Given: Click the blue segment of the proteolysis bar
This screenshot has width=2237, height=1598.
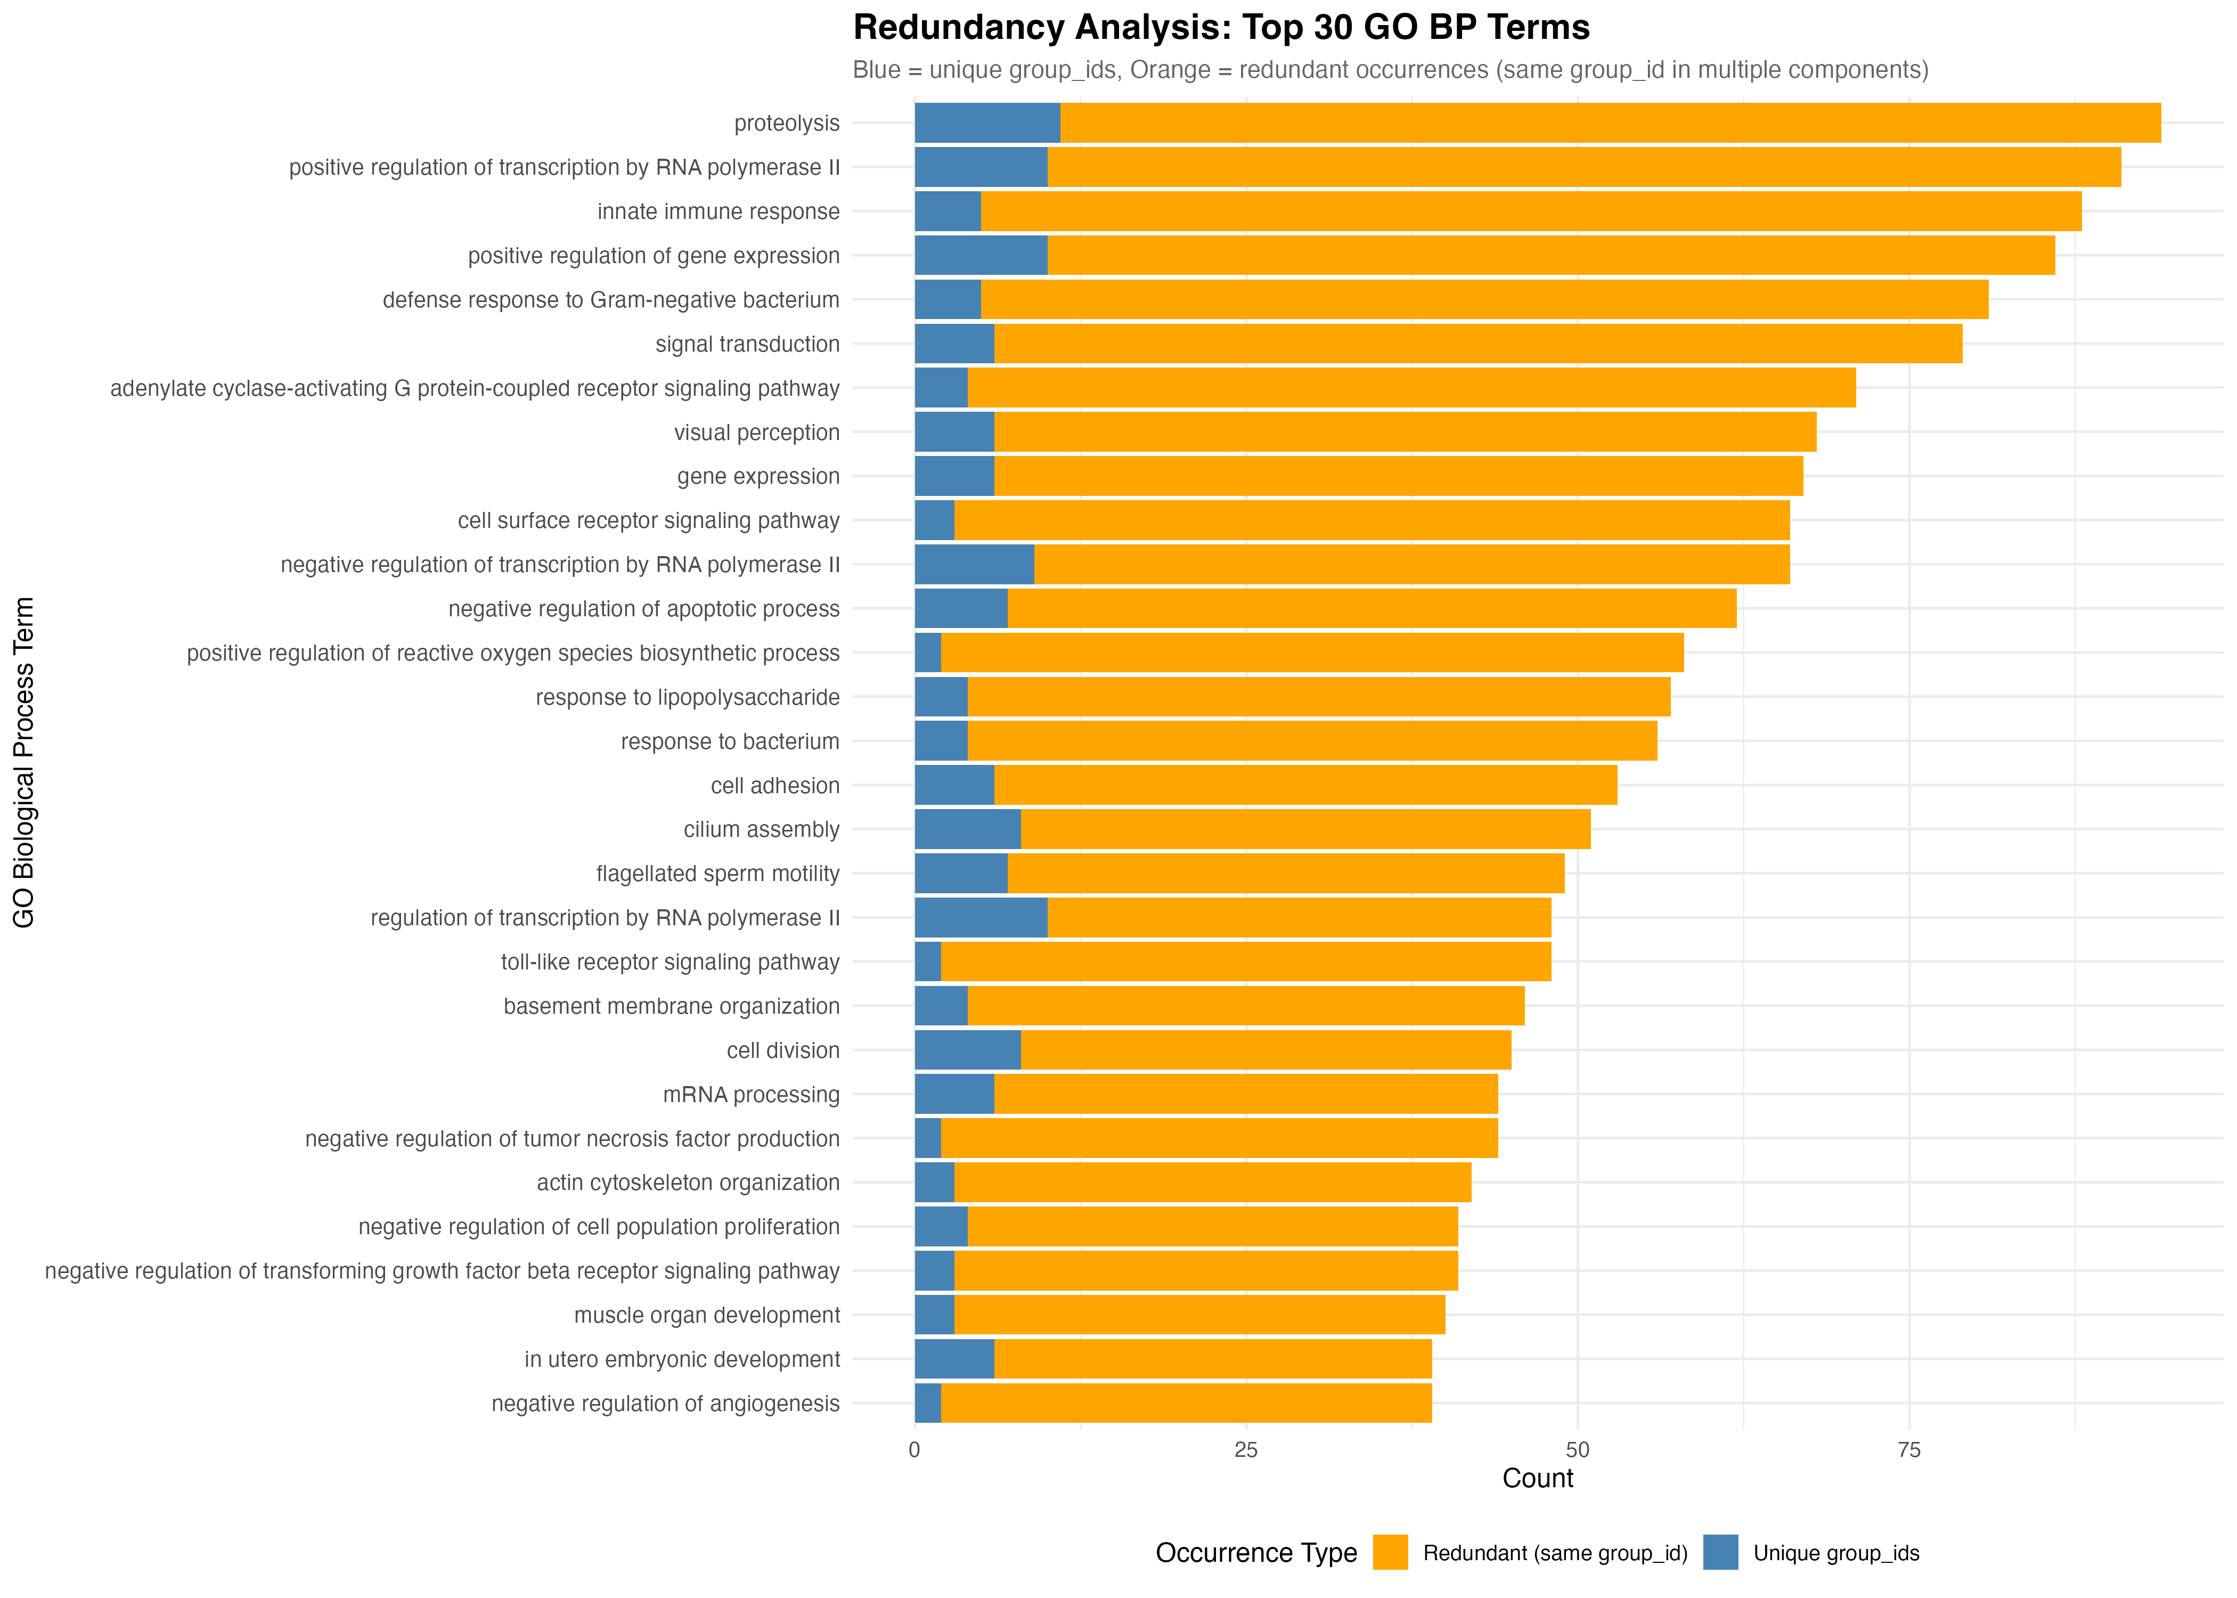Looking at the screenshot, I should [x=987, y=123].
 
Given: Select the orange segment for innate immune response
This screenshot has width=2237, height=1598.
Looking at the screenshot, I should [x=1531, y=211].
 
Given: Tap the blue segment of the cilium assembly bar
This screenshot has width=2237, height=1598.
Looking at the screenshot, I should [x=967, y=829].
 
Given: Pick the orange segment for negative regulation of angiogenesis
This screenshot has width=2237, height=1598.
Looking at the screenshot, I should [x=1186, y=1403].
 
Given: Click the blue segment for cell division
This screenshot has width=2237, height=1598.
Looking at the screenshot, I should [x=967, y=1050].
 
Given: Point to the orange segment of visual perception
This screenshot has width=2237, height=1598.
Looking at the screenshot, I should [x=1405, y=432].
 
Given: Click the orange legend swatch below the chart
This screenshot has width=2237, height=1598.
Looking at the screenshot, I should [x=1390, y=1552].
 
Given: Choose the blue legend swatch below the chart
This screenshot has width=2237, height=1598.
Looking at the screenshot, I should [x=1720, y=1552].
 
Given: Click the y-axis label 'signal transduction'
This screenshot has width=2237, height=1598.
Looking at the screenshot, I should [x=748, y=345].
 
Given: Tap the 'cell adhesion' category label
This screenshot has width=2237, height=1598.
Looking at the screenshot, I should [x=775, y=785].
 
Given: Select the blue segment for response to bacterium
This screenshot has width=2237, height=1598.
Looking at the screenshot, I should [x=941, y=741].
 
